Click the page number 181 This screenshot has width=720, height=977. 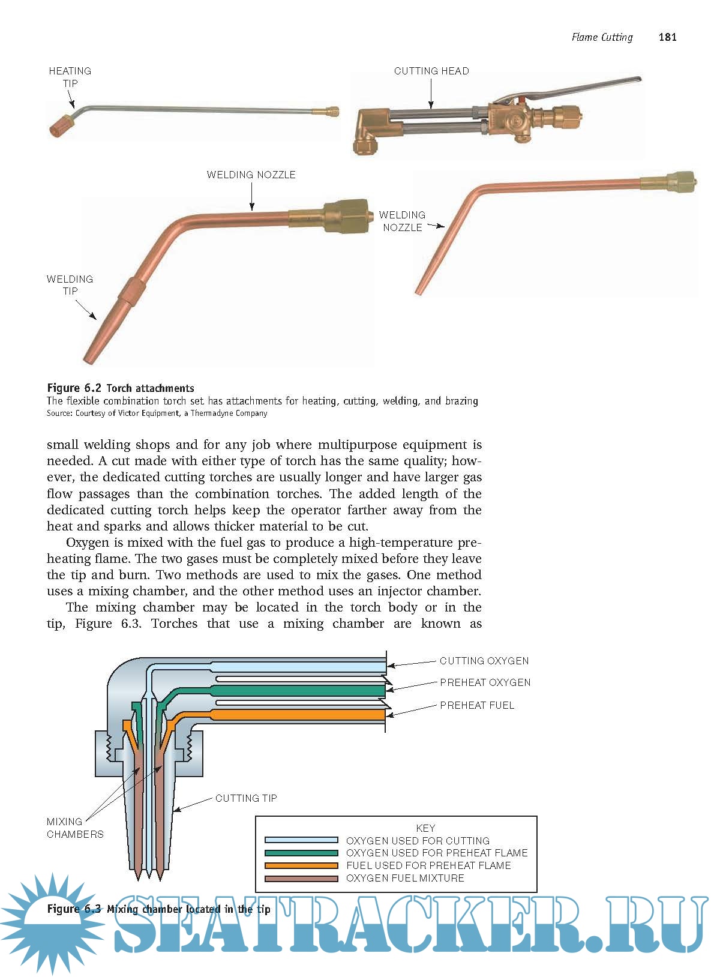[667, 37]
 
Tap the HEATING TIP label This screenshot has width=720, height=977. [70, 77]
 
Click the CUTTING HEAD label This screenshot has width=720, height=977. [431, 71]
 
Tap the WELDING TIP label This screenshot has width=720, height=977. [70, 285]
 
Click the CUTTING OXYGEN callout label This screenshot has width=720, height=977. [484, 661]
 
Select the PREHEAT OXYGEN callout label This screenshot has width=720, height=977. [485, 682]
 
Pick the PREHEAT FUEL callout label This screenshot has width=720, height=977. [477, 705]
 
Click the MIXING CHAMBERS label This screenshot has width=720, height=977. [74, 828]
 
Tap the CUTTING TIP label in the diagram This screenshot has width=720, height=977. [246, 798]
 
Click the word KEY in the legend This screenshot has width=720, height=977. [425, 828]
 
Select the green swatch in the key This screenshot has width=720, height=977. [301, 853]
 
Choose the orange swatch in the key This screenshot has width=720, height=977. [301, 865]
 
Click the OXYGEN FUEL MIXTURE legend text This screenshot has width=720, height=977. [405, 878]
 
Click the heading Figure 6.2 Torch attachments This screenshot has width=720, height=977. [121, 388]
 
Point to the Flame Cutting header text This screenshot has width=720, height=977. [602, 37]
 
